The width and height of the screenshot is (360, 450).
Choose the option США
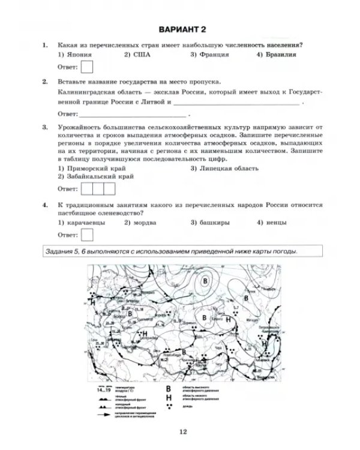140,55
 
